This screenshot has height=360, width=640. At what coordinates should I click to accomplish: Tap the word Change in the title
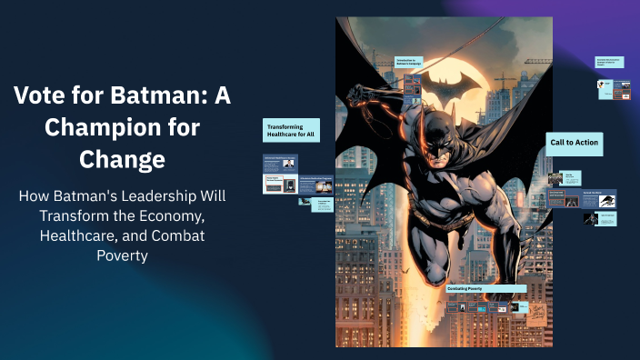pyautogui.click(x=122, y=160)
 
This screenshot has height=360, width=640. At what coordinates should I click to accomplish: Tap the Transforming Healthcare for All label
pyautogui.click(x=291, y=130)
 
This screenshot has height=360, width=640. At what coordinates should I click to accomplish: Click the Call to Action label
pyautogui.click(x=575, y=143)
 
